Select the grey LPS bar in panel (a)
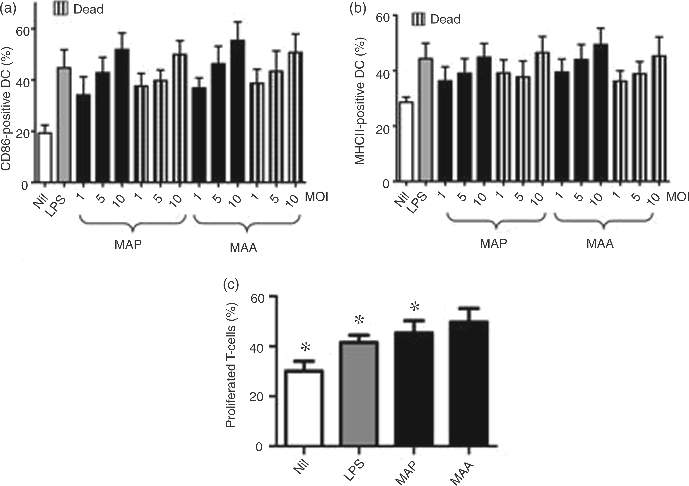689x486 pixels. coord(65,124)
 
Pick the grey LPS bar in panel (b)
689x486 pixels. coord(426,120)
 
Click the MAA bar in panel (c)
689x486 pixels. coord(469,384)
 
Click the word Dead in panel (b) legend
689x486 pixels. coord(445,19)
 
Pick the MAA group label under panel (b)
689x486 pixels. coord(600,244)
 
